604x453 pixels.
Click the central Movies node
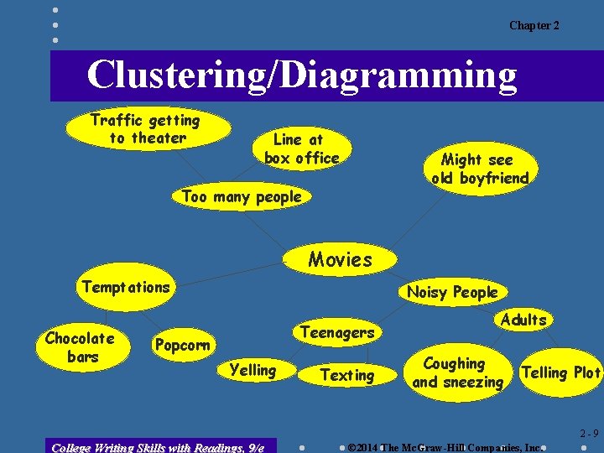[340, 259]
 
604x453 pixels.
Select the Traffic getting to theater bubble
[146, 129]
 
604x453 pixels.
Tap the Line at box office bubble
[301, 148]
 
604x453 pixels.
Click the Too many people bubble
[242, 197]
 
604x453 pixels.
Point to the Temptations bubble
[126, 287]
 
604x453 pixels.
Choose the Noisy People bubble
[452, 292]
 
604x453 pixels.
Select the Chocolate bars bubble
[80, 347]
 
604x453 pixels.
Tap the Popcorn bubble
[182, 346]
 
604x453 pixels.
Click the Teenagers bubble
[337, 332]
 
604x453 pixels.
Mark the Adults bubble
[523, 320]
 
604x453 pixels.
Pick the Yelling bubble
[253, 370]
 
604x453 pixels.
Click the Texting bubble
[347, 376]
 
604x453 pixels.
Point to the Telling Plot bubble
[561, 372]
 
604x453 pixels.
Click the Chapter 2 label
[534, 26]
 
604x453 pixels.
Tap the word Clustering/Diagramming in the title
[302, 75]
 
